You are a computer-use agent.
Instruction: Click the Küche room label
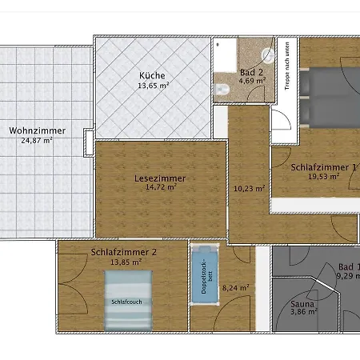pos(151,75)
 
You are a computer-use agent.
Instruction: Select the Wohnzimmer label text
pos(38,131)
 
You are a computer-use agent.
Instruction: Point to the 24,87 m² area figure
pos(38,141)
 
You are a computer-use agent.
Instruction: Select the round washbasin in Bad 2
pos(267,54)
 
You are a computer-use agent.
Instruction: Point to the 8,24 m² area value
pos(235,287)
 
